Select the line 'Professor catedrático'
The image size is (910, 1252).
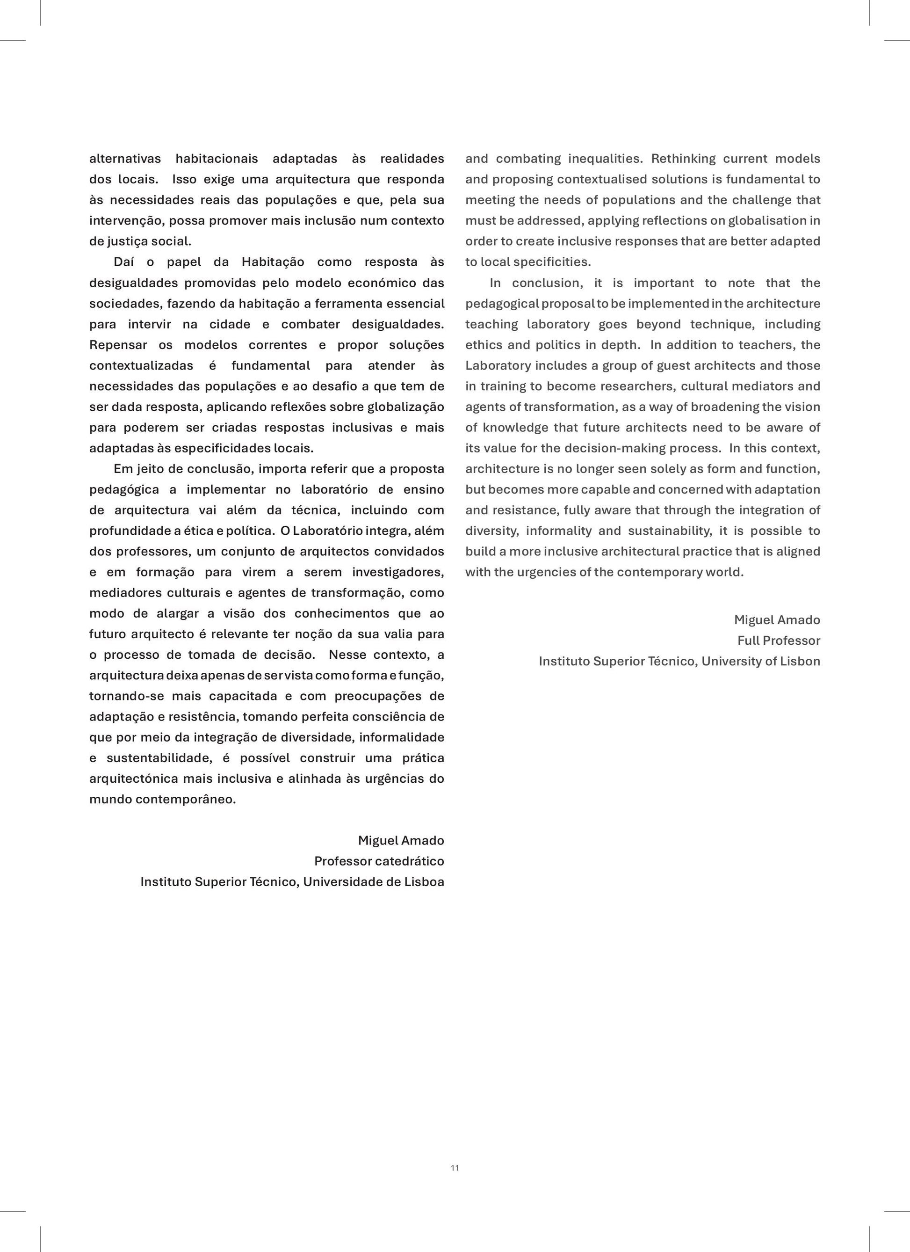379,861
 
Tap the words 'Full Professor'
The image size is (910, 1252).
779,641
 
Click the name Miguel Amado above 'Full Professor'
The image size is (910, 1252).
777,620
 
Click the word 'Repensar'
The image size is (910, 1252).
118,345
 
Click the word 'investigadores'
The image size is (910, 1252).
397,572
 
